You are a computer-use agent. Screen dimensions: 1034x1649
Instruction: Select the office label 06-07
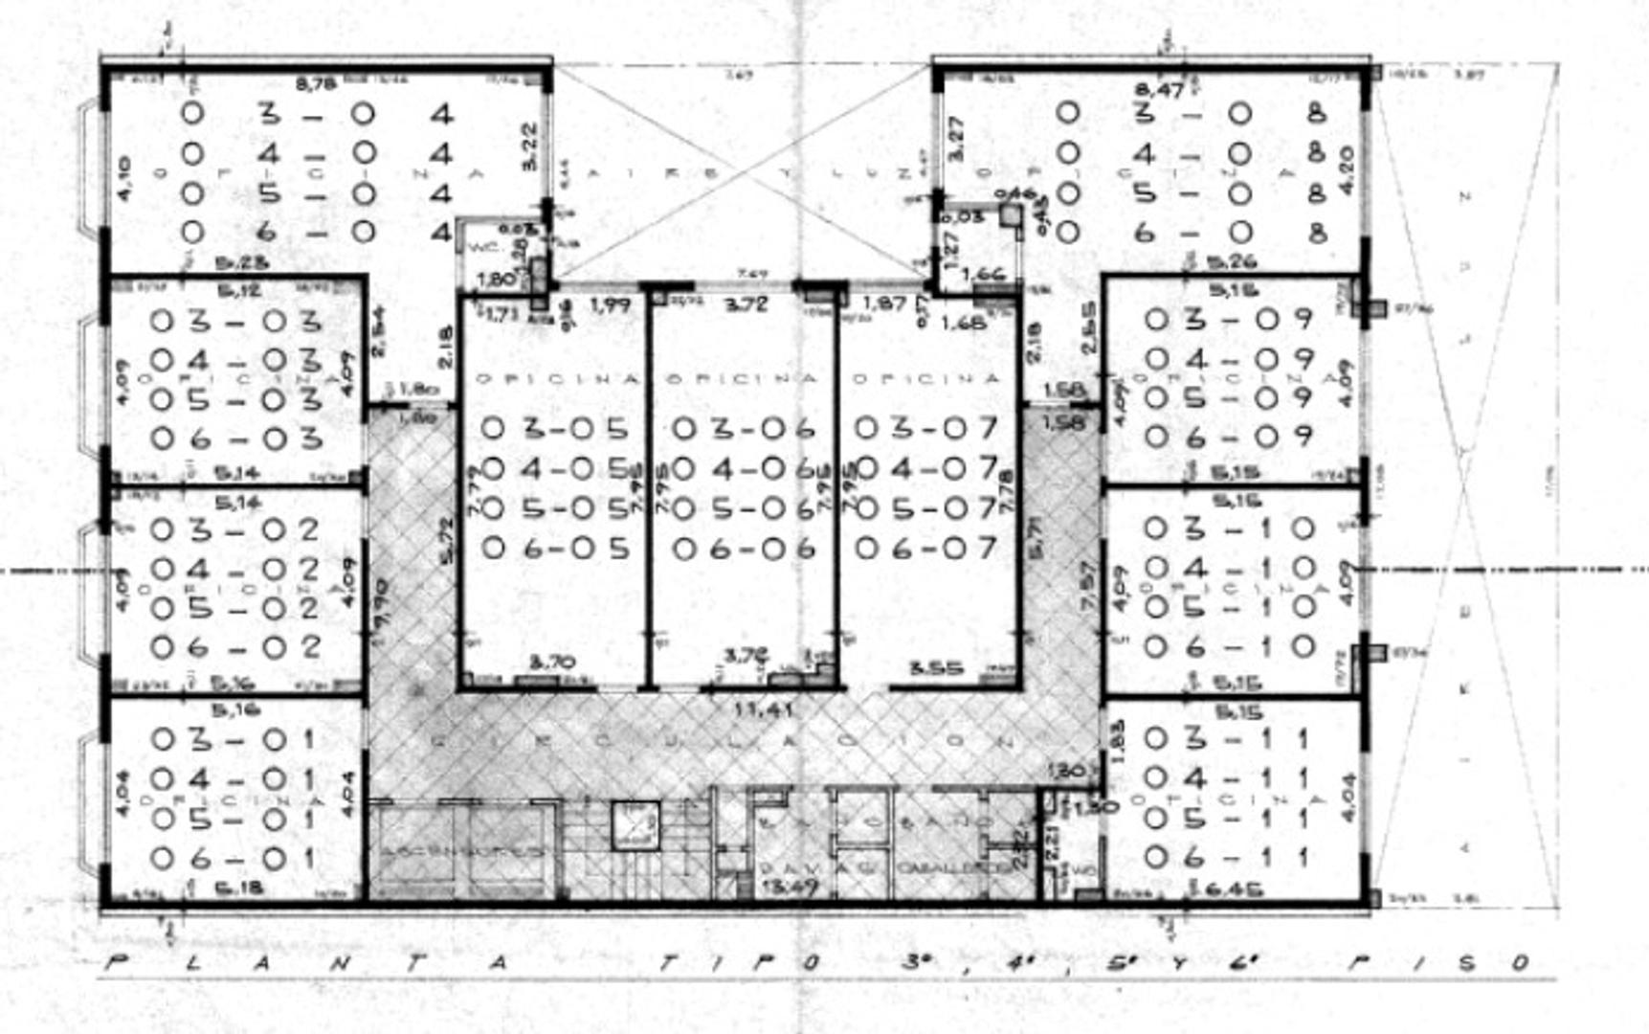pos(926,548)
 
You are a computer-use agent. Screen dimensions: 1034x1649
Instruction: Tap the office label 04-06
pos(744,469)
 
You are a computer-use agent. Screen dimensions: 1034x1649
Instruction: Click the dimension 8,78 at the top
pos(316,84)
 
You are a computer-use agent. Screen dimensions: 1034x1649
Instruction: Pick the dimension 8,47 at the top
pos(1159,90)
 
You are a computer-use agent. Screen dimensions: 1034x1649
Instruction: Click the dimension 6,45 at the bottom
pos(1227,888)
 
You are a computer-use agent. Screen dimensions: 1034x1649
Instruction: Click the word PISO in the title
pos(1436,962)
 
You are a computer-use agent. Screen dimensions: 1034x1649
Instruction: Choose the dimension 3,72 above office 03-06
pos(747,304)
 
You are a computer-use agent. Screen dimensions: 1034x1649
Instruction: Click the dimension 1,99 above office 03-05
pos(610,305)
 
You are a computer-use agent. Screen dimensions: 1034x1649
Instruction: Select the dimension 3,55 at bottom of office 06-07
pos(935,668)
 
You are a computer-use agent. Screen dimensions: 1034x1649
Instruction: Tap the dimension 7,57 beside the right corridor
pos(1087,585)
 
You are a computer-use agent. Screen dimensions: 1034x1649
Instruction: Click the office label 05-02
pos(234,608)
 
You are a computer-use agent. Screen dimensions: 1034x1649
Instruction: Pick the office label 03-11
pos(1226,738)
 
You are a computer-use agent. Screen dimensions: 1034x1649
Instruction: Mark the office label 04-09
pos(1228,359)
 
